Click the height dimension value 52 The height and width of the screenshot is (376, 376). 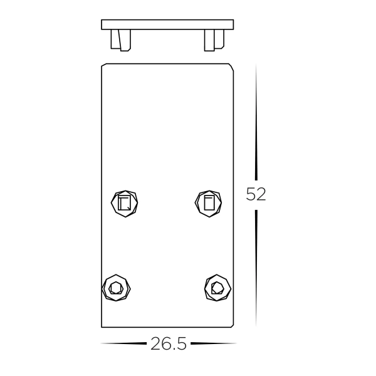click(x=256, y=194)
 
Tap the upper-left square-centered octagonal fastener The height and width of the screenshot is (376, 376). click(x=124, y=202)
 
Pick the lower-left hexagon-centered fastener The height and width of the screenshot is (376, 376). click(x=115, y=288)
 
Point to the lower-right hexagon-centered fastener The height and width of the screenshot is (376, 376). click(x=217, y=288)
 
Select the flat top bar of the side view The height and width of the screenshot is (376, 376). click(x=167, y=24)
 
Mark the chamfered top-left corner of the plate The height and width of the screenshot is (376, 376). click(x=103, y=65)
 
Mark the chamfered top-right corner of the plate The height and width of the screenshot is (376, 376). click(x=232, y=66)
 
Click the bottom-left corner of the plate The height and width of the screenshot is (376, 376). click(x=102, y=326)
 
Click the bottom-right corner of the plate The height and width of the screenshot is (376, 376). click(x=234, y=326)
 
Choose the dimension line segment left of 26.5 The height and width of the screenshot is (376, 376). click(x=123, y=343)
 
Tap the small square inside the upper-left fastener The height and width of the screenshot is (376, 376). click(x=124, y=203)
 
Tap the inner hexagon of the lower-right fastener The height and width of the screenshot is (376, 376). click(x=217, y=288)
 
